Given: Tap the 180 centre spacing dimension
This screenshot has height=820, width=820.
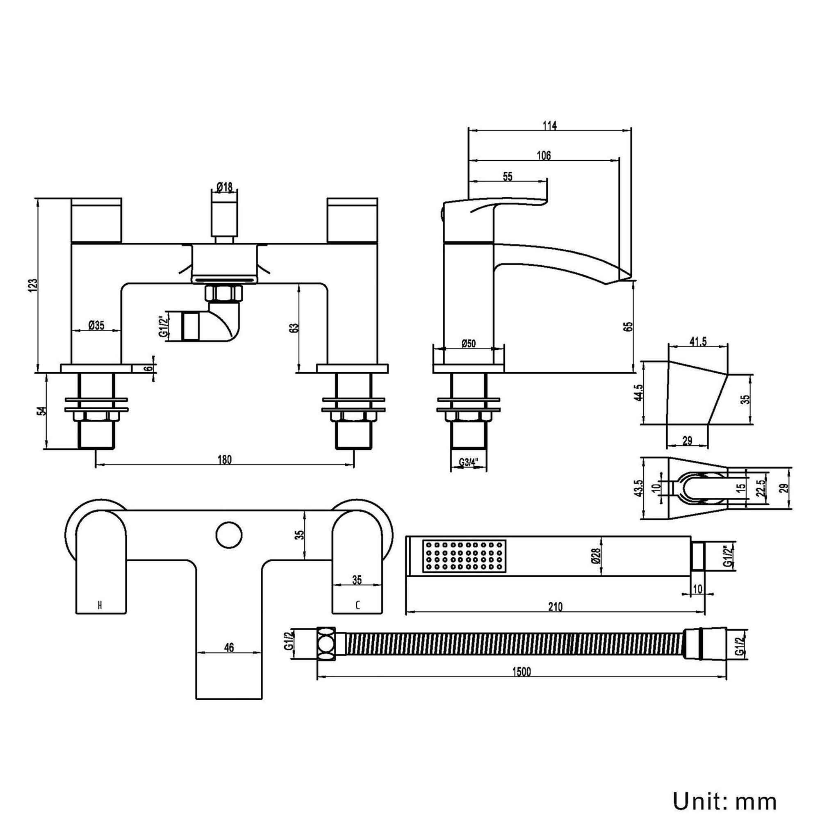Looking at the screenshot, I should [225, 460].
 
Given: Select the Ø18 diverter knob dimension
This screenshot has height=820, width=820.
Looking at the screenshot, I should [224, 187].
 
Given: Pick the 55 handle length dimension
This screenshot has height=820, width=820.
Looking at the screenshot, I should [508, 177].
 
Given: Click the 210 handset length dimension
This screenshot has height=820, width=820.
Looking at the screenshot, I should [555, 607].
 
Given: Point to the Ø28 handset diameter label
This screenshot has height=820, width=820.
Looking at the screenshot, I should [596, 556].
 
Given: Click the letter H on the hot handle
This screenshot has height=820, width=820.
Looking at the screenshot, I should [100, 605].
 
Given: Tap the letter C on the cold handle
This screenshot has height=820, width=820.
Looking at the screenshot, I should [358, 606].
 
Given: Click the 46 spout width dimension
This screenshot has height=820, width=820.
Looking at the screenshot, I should [229, 647].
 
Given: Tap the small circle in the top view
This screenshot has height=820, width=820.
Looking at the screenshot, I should [229, 535].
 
